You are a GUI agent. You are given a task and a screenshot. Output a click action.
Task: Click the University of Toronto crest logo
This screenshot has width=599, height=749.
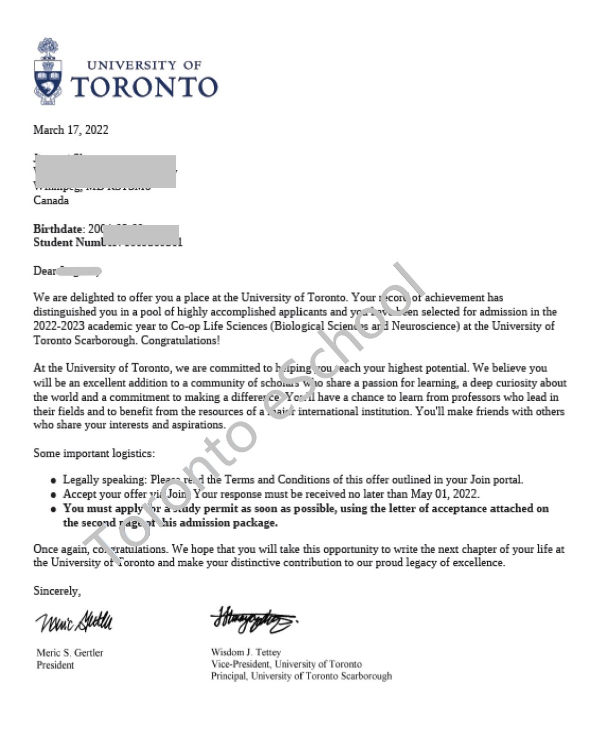(48, 72)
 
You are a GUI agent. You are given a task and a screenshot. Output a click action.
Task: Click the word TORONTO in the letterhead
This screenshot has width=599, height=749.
(144, 87)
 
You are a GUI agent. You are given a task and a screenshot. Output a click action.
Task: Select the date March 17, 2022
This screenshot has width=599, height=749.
(71, 130)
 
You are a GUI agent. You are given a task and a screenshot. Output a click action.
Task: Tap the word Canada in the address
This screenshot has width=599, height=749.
(51, 200)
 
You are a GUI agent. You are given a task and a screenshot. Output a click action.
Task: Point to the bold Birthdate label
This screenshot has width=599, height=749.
(58, 229)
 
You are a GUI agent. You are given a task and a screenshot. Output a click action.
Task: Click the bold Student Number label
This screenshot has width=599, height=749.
(70, 242)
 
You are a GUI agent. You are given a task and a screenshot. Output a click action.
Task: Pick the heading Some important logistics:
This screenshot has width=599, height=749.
(94, 453)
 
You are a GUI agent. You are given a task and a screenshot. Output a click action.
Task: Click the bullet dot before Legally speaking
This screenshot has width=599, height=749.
(53, 481)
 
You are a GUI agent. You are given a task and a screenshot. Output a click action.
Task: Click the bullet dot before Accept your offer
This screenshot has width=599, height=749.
(53, 495)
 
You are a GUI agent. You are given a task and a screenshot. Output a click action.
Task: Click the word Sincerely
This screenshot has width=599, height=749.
(57, 591)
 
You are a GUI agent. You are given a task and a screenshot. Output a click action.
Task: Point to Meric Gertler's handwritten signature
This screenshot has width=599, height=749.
(74, 622)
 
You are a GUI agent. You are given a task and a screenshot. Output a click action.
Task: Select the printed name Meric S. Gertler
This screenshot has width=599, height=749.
(69, 653)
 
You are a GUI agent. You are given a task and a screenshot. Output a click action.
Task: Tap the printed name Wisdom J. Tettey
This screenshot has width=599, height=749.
(246, 652)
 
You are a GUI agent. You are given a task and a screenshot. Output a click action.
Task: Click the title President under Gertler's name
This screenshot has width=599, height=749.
(55, 665)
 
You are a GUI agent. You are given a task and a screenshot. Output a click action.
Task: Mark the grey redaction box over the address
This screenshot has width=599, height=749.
(105, 172)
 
